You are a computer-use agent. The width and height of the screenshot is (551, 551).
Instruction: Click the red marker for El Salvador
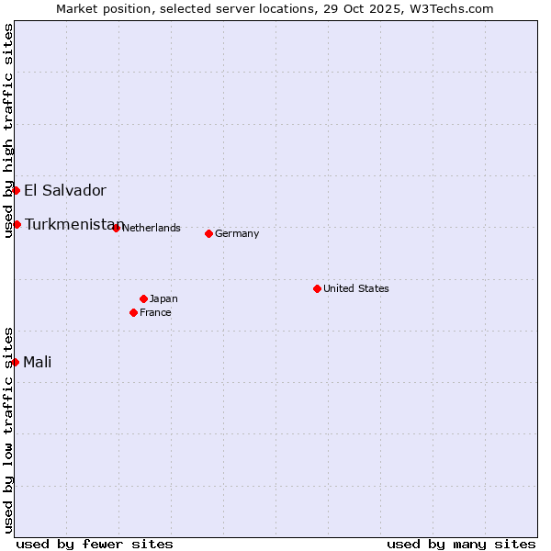coord(17,190)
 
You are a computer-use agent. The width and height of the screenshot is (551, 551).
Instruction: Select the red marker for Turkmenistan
coord(17,224)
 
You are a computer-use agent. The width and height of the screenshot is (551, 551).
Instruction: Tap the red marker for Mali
coord(16,362)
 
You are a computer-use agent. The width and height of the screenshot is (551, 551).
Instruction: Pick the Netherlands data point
coord(116,228)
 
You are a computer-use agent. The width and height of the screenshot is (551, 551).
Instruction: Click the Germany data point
coord(209,233)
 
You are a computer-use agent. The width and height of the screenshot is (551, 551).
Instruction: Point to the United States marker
coord(317,288)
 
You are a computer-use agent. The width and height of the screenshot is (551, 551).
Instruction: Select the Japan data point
coord(143,298)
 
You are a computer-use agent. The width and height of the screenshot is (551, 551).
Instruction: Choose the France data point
coord(134,312)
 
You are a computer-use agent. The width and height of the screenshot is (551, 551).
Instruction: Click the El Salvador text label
coord(65,191)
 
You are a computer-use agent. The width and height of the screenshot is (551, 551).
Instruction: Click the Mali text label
coord(38,362)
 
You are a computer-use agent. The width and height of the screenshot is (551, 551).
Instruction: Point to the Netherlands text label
coord(152,228)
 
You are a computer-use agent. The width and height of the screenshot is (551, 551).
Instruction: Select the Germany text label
coord(237,233)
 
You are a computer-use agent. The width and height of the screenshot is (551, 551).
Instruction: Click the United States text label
coord(356,288)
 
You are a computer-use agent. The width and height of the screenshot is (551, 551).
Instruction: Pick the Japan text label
coord(163,298)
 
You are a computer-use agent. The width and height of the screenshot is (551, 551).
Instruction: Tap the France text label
coord(155,312)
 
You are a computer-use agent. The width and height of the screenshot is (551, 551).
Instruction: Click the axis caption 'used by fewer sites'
coord(95,544)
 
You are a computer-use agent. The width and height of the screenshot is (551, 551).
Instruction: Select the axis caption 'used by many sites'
coord(461,544)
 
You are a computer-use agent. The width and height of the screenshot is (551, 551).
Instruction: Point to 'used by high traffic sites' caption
coord(8,130)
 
